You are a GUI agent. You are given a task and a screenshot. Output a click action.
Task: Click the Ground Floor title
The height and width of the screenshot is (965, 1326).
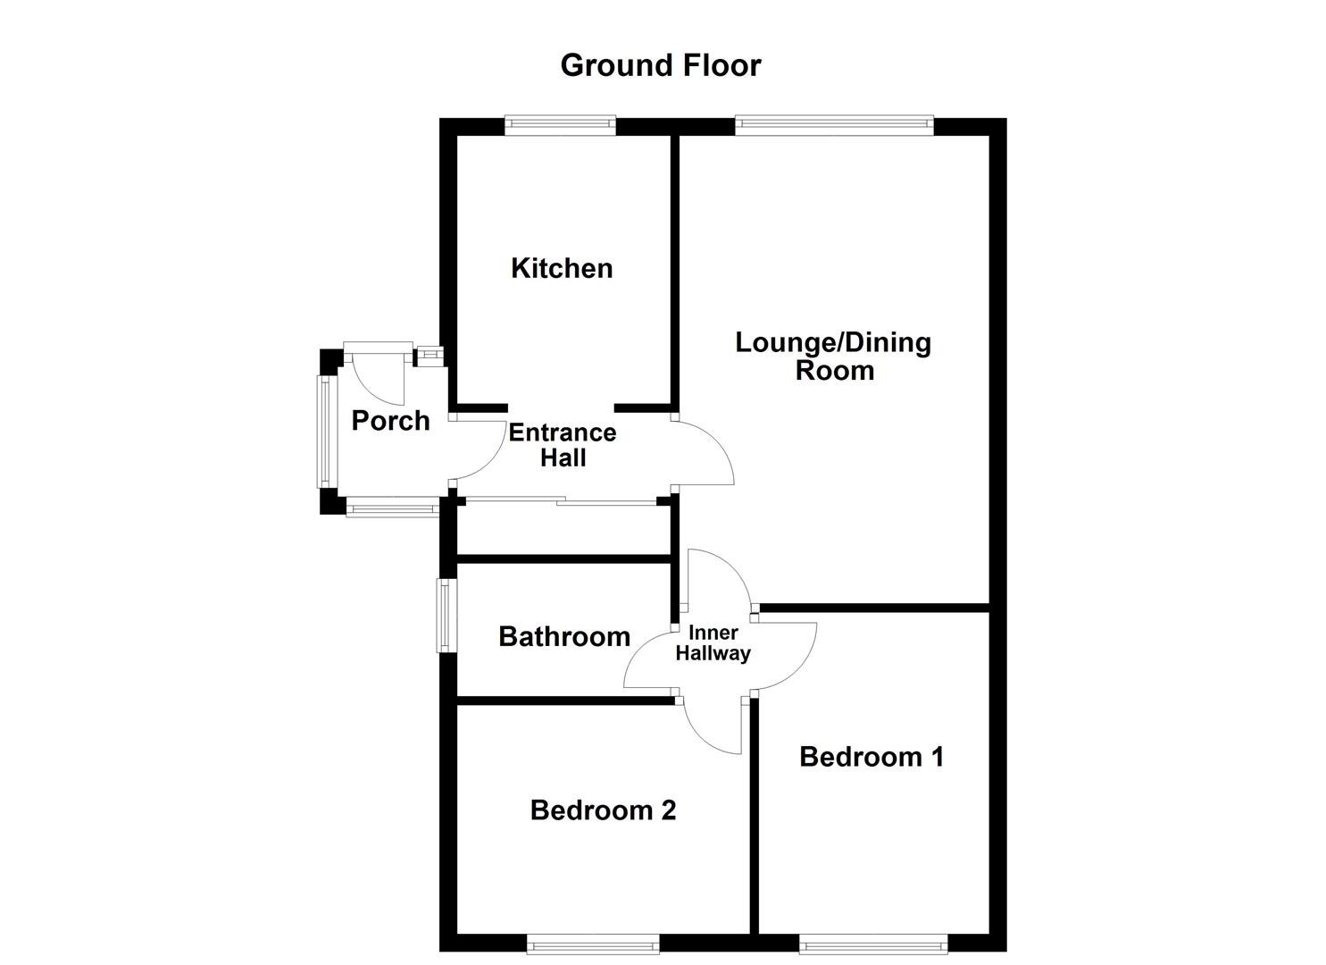(x=660, y=65)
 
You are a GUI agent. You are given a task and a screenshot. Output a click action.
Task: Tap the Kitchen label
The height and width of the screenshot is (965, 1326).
(x=562, y=268)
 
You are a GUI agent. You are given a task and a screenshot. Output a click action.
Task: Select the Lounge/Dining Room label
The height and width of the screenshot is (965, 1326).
(x=833, y=356)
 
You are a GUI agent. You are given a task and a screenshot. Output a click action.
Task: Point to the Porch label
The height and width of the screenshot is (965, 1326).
(x=390, y=421)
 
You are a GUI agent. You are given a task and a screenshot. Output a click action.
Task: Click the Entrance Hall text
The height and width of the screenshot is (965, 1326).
(x=563, y=445)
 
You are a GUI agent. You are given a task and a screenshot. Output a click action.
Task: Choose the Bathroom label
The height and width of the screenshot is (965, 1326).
(x=564, y=636)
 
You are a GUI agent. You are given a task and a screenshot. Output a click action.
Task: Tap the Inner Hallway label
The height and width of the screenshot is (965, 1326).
(x=713, y=643)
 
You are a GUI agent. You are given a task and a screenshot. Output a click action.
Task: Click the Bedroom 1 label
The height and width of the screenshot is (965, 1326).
(x=871, y=757)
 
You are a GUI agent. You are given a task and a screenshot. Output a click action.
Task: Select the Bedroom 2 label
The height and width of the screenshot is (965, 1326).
(x=603, y=810)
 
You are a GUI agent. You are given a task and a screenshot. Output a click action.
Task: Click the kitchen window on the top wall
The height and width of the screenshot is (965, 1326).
(x=560, y=126)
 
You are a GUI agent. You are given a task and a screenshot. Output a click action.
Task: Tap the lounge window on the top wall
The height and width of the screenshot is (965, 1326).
(x=834, y=126)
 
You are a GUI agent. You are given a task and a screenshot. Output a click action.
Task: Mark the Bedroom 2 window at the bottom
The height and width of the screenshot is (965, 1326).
(x=593, y=943)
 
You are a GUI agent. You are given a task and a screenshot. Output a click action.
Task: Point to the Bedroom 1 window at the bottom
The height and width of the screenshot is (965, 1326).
(x=872, y=943)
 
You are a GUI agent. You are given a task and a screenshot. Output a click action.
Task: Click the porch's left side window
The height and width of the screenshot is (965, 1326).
(x=324, y=432)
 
